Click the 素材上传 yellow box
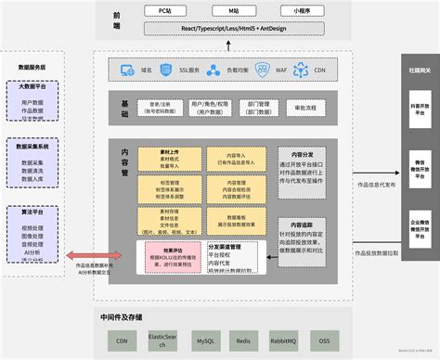(169, 154)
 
